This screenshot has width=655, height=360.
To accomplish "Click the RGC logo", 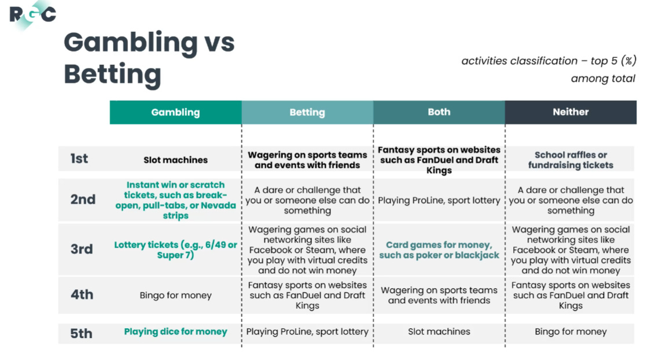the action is [x=32, y=14].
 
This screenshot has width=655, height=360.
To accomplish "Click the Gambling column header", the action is [x=175, y=112].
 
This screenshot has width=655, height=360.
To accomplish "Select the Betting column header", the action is [x=307, y=112].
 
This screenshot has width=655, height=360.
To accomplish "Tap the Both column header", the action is [x=439, y=112].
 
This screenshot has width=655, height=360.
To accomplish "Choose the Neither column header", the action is [x=571, y=112].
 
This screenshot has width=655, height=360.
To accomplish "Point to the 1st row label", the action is [x=79, y=159].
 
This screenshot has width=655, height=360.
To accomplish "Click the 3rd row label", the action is [x=82, y=249].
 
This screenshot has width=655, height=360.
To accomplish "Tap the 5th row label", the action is [x=82, y=333].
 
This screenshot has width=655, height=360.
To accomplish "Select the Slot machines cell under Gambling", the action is [x=175, y=160].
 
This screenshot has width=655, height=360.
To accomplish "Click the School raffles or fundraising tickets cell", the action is [x=571, y=160].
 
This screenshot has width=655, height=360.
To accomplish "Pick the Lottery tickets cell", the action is [x=175, y=249].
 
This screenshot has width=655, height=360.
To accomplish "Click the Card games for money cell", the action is [x=439, y=250].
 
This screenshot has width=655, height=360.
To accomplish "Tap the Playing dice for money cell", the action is [x=175, y=332].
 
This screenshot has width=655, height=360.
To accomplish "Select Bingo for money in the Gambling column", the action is [x=175, y=295].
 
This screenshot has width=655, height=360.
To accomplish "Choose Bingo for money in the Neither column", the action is [x=571, y=332].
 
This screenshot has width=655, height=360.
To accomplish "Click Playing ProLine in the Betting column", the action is [x=307, y=332].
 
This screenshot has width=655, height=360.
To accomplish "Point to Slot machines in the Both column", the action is [x=439, y=332].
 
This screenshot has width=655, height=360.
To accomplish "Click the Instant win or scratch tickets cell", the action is [x=175, y=200].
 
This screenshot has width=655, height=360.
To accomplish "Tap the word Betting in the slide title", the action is [x=112, y=75].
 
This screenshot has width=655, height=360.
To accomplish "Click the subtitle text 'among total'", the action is [x=603, y=79].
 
